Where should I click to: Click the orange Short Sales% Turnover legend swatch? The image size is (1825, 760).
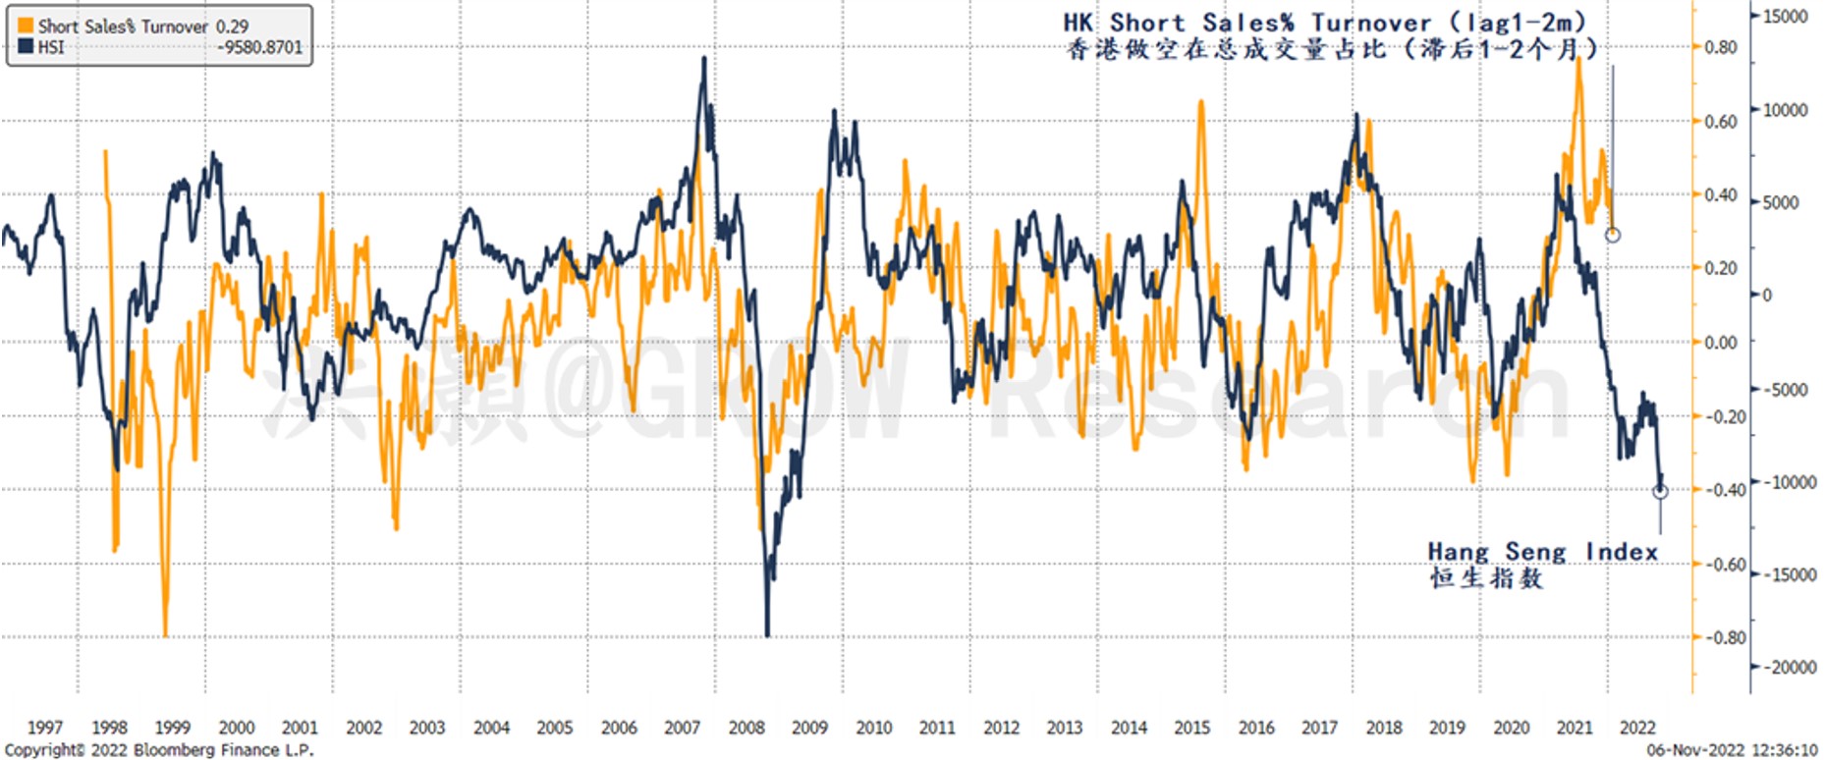tap(27, 27)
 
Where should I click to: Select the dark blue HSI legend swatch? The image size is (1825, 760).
tap(27, 46)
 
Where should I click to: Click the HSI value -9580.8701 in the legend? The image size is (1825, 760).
tap(261, 47)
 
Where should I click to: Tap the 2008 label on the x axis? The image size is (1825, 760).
tap(746, 728)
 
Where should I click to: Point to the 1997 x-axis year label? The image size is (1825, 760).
tap(45, 728)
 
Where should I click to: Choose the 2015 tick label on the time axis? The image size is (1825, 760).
tap(1191, 728)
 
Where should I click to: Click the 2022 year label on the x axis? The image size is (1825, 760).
tap(1637, 728)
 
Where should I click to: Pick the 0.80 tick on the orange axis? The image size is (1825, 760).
tap(1720, 47)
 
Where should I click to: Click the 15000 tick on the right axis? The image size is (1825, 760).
tap(1786, 17)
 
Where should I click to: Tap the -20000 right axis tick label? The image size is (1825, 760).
tap(1790, 668)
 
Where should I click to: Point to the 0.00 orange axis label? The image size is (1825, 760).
tap(1720, 342)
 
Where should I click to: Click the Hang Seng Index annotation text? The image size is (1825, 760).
tap(1542, 552)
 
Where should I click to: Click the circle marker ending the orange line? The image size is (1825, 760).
tap(1612, 235)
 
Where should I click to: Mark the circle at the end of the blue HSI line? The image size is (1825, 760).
tap(1660, 491)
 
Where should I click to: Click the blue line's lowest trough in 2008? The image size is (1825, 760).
tap(767, 634)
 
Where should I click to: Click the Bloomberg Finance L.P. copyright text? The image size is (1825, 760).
tap(159, 750)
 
